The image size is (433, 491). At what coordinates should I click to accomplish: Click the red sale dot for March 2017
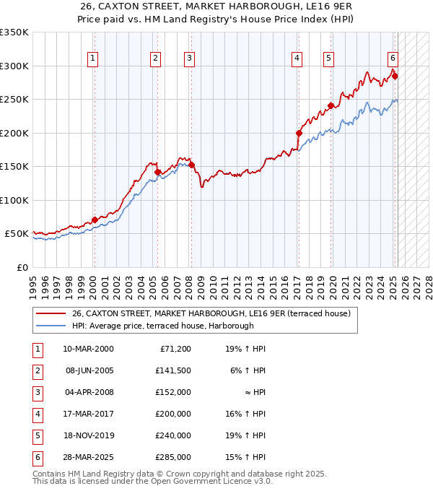coord(298,133)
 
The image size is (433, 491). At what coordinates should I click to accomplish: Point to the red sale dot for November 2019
coord(331,105)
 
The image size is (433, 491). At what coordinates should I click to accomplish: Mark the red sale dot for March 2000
coord(95,220)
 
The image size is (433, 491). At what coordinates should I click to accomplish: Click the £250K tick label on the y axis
coord(14,100)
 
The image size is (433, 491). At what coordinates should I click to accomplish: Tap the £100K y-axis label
coord(14,200)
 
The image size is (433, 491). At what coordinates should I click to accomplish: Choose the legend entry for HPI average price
coord(162,326)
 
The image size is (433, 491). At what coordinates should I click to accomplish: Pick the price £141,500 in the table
coord(175,370)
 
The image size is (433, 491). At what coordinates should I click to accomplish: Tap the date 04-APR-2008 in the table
coord(88,392)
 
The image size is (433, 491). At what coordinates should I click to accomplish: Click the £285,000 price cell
coord(175,457)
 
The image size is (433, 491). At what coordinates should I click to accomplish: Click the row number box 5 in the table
coord(36,435)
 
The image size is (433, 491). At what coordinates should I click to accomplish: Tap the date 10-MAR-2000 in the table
coord(88,349)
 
